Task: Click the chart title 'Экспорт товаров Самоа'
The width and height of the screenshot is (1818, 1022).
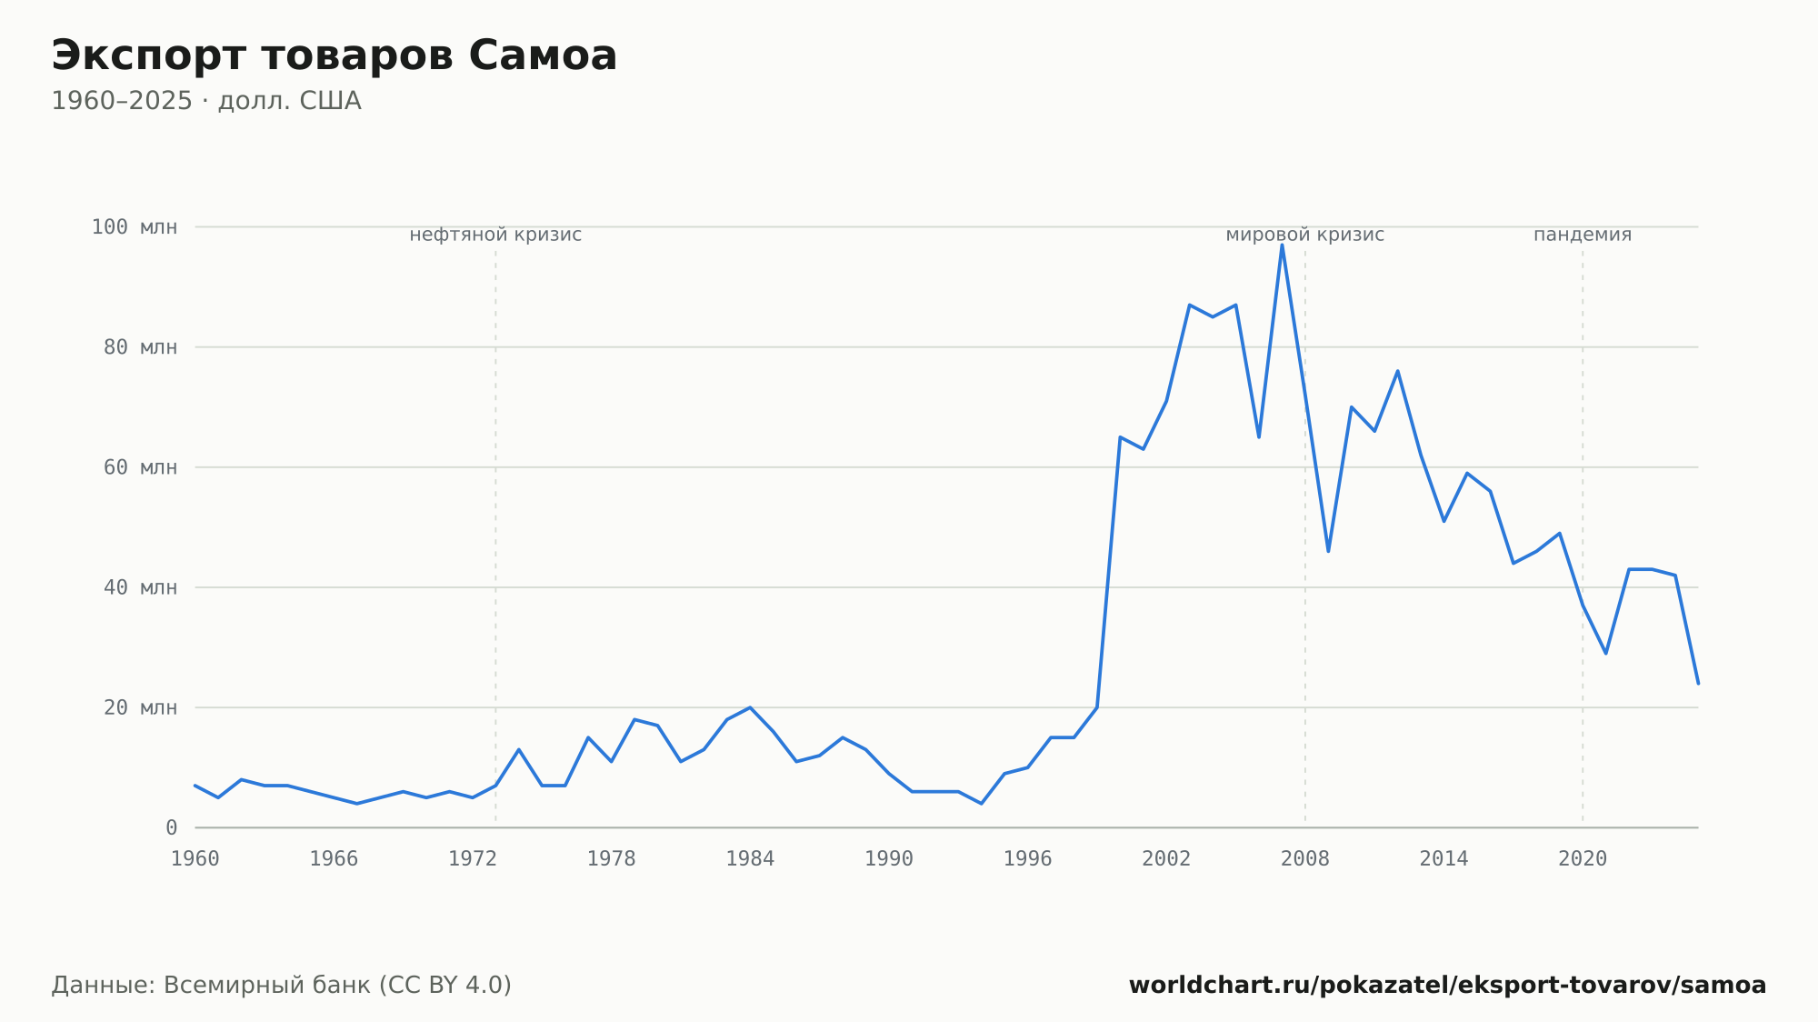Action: point(334,56)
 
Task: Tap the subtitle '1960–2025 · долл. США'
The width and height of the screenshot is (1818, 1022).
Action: point(206,101)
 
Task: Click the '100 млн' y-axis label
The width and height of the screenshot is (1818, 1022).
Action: point(135,227)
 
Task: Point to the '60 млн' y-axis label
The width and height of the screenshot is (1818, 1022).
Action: point(140,467)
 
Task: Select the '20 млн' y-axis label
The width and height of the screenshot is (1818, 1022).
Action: point(140,707)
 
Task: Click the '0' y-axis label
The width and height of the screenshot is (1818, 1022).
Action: point(171,827)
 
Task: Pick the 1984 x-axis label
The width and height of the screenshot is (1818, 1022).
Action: point(750,859)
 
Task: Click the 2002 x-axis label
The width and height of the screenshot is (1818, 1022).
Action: point(1166,859)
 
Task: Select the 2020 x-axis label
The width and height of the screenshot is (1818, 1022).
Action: point(1583,859)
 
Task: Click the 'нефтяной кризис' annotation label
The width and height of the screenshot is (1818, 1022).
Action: point(495,235)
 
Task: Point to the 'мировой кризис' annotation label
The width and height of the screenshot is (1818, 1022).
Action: point(1305,235)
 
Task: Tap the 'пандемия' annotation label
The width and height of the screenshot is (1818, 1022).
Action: point(1583,235)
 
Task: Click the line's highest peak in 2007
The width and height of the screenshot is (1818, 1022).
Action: point(1282,245)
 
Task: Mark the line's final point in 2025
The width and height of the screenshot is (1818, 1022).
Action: point(1697,683)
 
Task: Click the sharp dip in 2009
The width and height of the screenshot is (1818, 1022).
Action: point(1328,551)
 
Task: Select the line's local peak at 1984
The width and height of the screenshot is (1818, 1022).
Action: point(750,707)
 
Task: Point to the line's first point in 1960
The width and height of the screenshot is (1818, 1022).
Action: point(195,786)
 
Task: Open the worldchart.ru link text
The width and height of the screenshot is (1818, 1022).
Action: point(1447,986)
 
